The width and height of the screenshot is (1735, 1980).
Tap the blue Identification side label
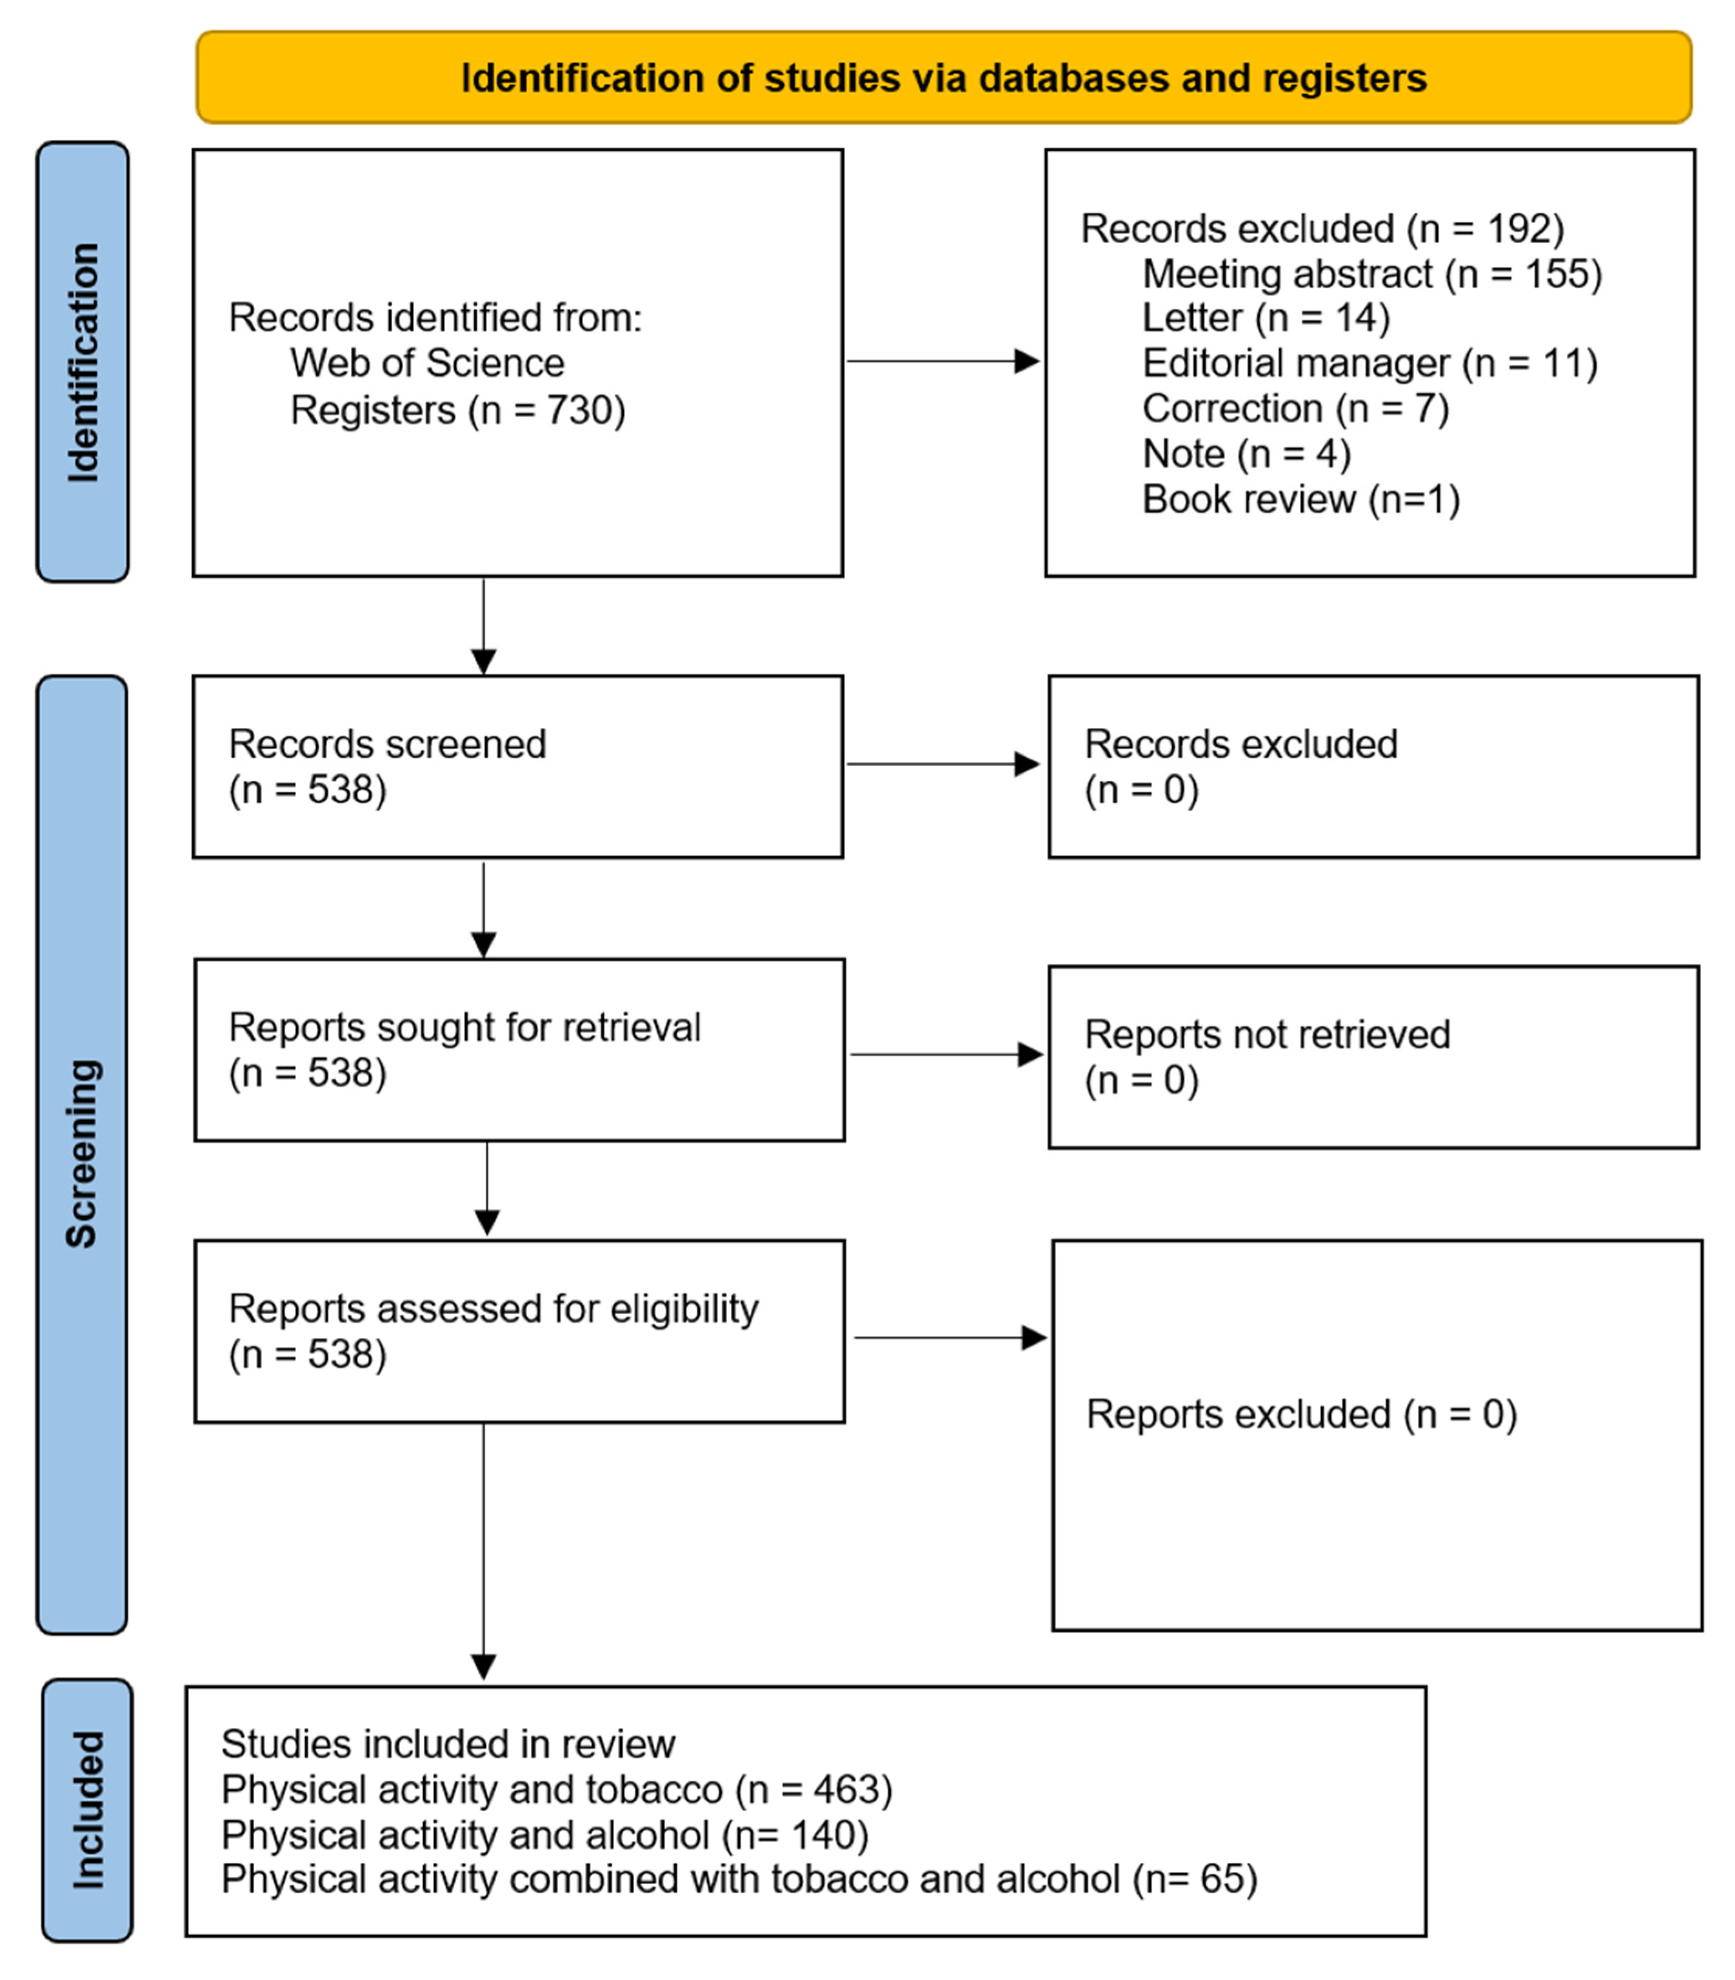pos(82,362)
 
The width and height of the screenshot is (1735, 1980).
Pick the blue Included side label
pos(87,1809)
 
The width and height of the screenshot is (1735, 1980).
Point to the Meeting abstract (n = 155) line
pos(1371,274)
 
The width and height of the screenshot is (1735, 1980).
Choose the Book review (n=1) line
pos(1300,500)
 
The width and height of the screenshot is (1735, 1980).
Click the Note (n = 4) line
pos(1246,454)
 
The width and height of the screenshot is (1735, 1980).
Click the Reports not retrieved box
pos(1373,1057)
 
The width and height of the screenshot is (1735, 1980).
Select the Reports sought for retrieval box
pos(519,1050)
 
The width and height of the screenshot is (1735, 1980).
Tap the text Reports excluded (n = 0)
pos(1300,1415)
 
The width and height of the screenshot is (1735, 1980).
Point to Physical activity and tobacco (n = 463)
pos(557,1790)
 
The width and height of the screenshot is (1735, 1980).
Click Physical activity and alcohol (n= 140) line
pos(544,1835)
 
